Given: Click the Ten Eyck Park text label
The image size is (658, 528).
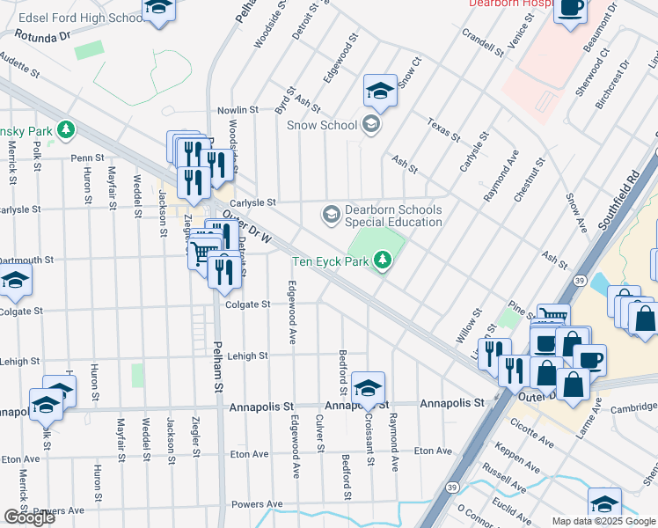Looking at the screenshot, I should click(x=331, y=260).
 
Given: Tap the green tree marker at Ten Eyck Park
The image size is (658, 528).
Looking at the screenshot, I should click(x=382, y=260).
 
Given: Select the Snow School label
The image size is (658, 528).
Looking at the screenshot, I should click(x=322, y=125).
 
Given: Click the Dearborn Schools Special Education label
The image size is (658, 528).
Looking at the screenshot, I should click(x=392, y=216).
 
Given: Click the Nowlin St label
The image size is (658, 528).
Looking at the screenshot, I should click(x=238, y=110).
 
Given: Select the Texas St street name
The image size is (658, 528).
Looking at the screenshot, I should click(x=443, y=128).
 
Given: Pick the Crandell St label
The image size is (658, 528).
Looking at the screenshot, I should click(x=482, y=41).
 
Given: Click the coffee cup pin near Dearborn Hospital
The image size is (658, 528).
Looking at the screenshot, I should click(x=570, y=9).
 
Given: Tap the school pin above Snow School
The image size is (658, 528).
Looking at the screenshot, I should click(x=380, y=90).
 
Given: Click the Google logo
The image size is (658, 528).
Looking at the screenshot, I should click(x=28, y=517).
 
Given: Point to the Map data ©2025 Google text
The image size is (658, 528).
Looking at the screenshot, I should click(x=603, y=521).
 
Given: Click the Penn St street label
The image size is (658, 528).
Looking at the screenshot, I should click(x=88, y=158).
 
